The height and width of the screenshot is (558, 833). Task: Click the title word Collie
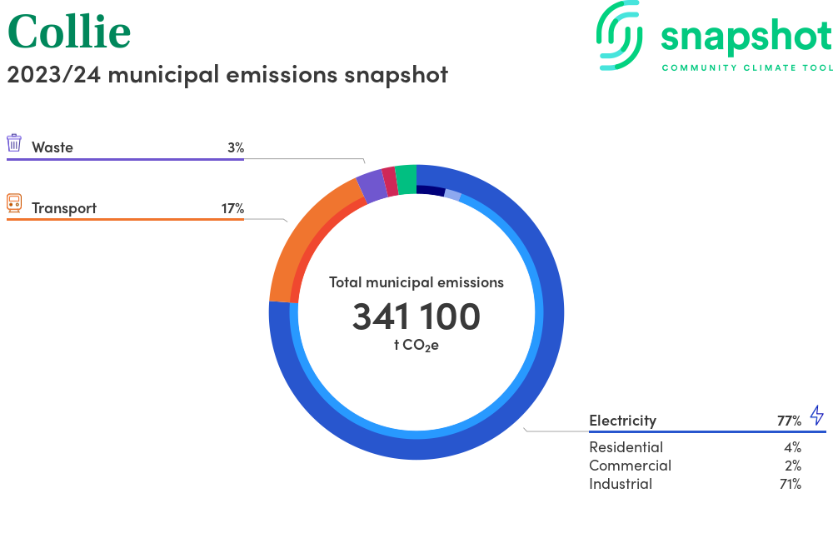(69, 32)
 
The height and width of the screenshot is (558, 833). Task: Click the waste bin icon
(14, 143)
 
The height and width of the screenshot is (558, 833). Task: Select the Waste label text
(52, 147)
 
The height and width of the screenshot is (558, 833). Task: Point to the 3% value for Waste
(236, 147)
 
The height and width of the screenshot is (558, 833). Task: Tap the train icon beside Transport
(14, 203)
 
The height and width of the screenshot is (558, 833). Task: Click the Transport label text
(64, 208)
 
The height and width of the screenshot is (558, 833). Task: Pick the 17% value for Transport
(232, 208)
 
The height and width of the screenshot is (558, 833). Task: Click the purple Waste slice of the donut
(372, 185)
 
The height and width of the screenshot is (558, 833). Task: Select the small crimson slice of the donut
(390, 181)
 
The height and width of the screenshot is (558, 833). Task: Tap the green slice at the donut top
(407, 179)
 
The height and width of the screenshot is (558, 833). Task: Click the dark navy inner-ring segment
(431, 190)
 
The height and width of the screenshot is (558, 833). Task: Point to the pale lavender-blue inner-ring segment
(452, 195)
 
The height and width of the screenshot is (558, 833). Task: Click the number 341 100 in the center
(416, 316)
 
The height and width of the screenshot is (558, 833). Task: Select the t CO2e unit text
(416, 346)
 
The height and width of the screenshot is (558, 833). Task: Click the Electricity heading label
(622, 421)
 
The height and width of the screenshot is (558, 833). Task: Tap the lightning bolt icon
(817, 416)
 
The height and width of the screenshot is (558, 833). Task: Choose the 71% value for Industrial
(791, 484)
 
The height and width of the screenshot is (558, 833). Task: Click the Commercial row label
(630, 466)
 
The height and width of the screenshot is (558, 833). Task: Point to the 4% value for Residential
(793, 447)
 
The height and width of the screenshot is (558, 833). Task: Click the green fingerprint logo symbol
(619, 35)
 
